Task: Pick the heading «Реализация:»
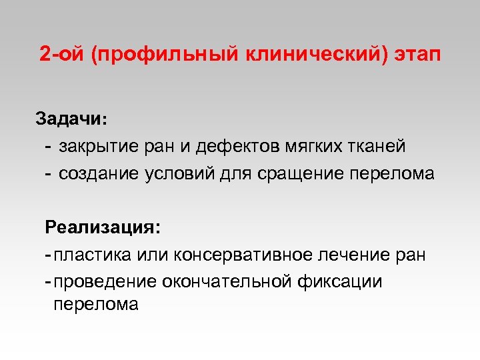[x=103, y=227]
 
